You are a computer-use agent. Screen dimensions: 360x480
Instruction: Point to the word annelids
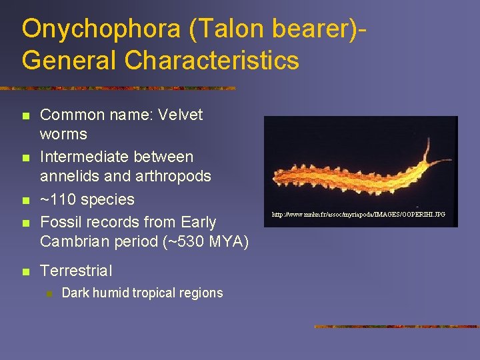(68, 177)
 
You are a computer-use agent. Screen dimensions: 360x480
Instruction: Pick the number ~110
(59, 199)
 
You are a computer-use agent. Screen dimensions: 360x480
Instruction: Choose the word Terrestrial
(76, 271)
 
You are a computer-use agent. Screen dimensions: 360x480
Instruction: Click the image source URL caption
(358, 215)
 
